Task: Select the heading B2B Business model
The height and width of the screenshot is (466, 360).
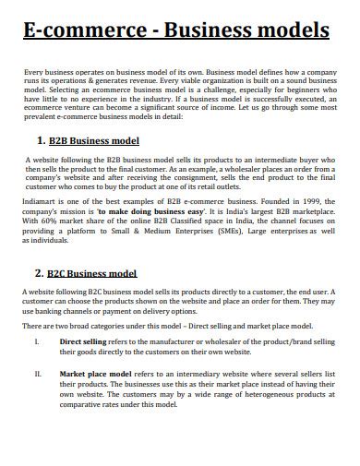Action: tap(94, 141)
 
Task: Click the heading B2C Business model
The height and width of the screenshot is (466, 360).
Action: tap(92, 273)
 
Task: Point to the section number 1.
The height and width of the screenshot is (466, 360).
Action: tap(40, 141)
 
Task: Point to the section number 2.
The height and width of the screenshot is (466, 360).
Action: tap(39, 273)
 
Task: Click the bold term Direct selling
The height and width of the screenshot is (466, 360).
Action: tap(86, 341)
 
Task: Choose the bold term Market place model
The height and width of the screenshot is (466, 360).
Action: tap(94, 375)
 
